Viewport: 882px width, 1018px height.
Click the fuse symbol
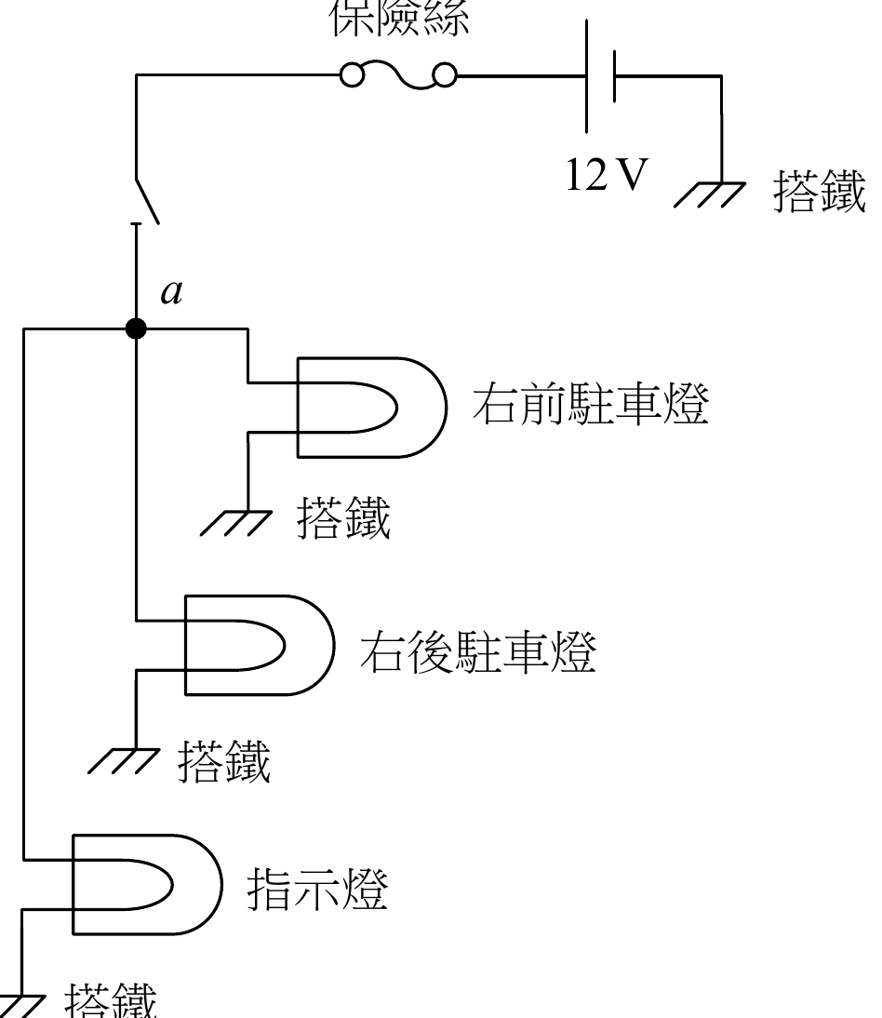click(x=398, y=75)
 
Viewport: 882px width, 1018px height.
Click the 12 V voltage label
click(x=606, y=174)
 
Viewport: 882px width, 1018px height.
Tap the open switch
click(x=147, y=198)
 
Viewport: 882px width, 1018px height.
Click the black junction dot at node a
click(x=136, y=328)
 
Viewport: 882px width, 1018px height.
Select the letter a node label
click(x=171, y=291)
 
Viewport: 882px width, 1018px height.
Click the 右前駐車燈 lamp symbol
click(x=372, y=408)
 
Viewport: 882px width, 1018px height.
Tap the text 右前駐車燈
click(x=591, y=406)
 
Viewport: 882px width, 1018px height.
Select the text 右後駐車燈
click(x=477, y=654)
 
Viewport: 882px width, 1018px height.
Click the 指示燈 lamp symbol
click(x=146, y=883)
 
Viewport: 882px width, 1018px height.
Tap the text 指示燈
click(x=316, y=891)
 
